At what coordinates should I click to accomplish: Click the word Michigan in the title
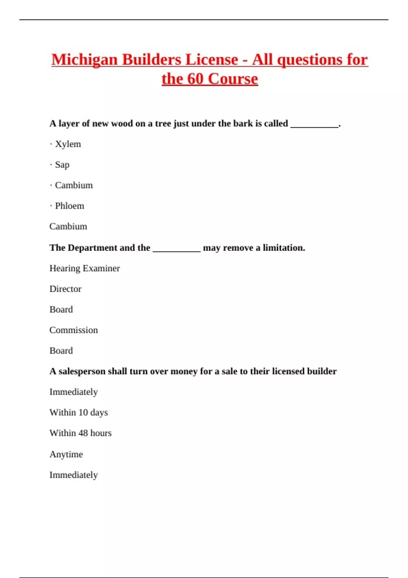84,60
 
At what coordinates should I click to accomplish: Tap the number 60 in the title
195,79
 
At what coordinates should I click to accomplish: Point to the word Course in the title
233,79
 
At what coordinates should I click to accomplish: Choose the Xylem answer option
68,144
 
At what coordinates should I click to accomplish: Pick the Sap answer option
62,165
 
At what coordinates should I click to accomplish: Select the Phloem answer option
69,206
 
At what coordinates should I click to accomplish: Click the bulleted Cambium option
74,185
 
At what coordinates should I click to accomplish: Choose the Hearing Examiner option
85,269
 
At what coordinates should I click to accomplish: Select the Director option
65,289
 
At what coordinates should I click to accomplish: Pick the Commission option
73,330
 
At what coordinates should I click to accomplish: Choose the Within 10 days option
79,412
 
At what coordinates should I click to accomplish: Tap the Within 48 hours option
80,433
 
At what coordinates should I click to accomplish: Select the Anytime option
66,454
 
